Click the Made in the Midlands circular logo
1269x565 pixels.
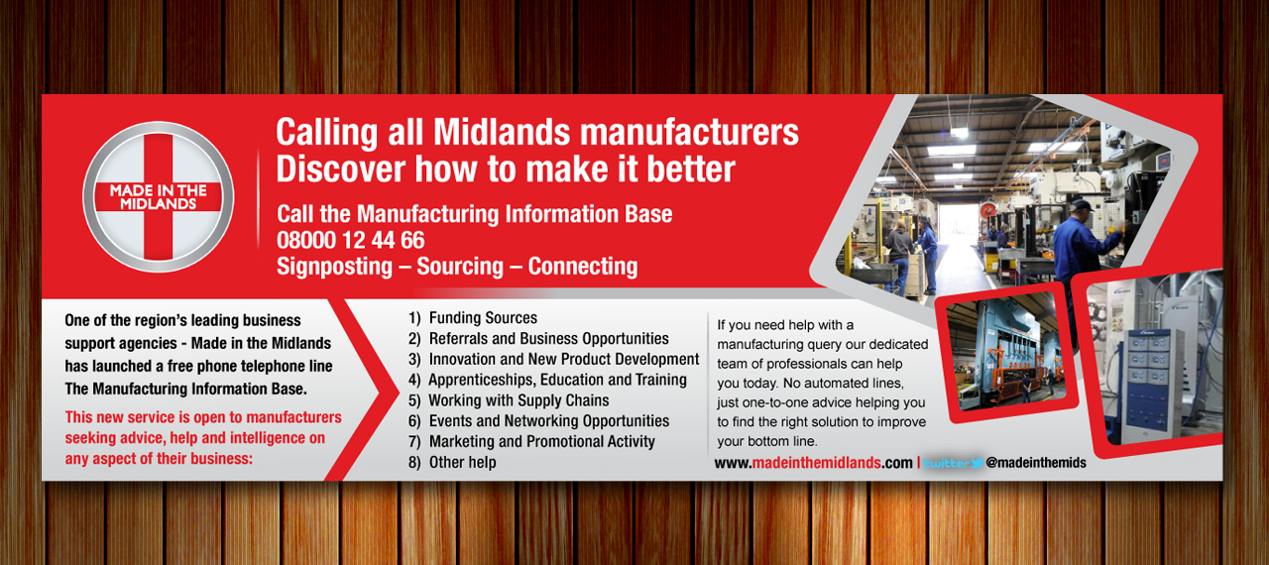tap(158, 197)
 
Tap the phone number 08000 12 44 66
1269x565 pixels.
tap(351, 240)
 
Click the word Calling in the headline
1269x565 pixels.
tap(327, 134)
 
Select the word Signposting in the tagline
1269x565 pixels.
tap(334, 267)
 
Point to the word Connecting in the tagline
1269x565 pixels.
tap(583, 267)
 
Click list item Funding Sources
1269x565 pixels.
tap(473, 317)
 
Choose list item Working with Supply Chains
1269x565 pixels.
tap(509, 400)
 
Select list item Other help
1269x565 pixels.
tap(452, 462)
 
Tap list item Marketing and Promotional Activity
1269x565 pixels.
tap(531, 441)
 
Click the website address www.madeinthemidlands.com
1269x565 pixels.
tap(814, 463)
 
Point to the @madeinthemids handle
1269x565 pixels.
tap(1036, 463)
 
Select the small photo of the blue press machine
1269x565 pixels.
tap(1006, 353)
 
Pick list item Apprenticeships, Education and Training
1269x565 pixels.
tap(547, 380)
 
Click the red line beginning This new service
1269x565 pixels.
tap(203, 417)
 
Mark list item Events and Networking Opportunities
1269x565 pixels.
tap(538, 421)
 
